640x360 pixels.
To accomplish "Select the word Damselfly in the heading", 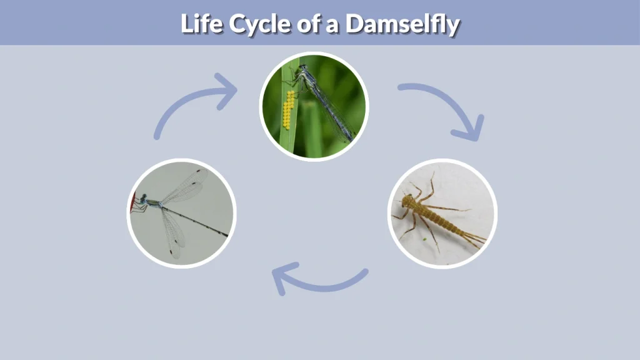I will point(402,24).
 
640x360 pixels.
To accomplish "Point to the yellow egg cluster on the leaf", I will point(288,109).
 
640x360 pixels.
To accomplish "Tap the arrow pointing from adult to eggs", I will point(194,103).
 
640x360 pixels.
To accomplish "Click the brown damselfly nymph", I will point(437,216).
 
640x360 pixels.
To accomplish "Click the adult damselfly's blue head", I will point(143,199).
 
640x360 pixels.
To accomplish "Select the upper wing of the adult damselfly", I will point(185,184).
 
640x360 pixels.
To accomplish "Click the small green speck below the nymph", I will point(424,238).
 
